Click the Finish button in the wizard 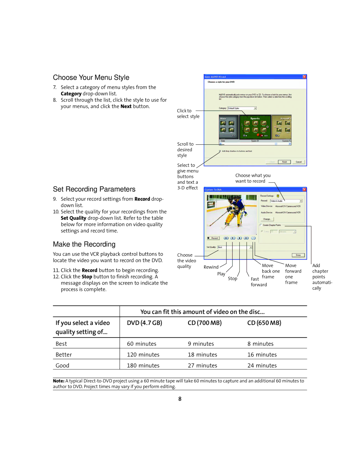click(x=284, y=162)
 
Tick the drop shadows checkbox click(x=220, y=151)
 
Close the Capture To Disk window click(x=304, y=189)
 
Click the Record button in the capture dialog click(x=213, y=238)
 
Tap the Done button click(x=298, y=255)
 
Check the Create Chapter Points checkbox click(x=261, y=225)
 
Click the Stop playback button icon click(x=239, y=238)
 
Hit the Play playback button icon click(x=233, y=238)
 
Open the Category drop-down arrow click(x=255, y=108)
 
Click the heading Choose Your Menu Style click(x=91, y=77)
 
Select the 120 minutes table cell click(x=143, y=355)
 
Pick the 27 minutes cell click(x=202, y=366)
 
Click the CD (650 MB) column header click(x=264, y=323)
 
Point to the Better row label click(x=64, y=355)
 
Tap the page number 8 click(x=180, y=399)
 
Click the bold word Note click(x=58, y=381)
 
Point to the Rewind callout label click(x=211, y=267)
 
